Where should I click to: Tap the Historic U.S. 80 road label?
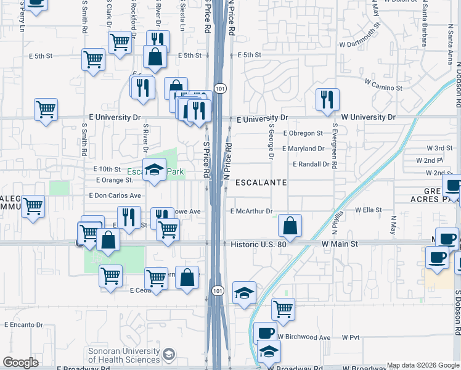click(258, 244)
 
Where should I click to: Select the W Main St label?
click(340, 244)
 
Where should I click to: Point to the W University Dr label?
click(369, 117)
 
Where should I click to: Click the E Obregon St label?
click(303, 133)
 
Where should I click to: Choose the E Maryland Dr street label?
click(303, 149)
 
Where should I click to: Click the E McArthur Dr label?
click(251, 211)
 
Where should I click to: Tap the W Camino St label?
click(383, 88)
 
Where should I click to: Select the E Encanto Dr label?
click(24, 324)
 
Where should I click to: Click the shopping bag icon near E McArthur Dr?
click(289, 226)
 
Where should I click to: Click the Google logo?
click(20, 363)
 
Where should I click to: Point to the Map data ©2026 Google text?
click(423, 365)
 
